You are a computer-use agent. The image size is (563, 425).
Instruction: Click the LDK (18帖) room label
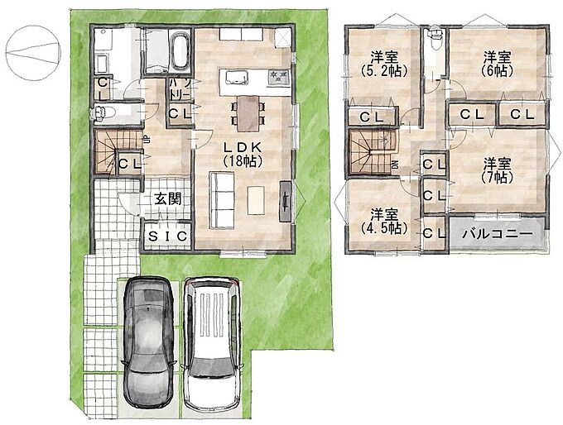243,154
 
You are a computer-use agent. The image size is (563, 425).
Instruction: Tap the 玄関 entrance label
167,198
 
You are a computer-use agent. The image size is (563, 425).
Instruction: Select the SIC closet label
168,236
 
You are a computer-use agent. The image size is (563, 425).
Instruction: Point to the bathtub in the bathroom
180,51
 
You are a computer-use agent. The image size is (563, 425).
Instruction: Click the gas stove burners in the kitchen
279,76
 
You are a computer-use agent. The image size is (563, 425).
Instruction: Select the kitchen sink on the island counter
237,77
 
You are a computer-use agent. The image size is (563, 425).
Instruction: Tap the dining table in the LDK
248,113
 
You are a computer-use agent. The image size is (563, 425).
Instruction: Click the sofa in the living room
222,199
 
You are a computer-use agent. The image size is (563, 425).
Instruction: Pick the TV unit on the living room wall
286,202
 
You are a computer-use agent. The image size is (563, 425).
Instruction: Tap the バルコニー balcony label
497,235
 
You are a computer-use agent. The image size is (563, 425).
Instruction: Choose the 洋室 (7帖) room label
497,170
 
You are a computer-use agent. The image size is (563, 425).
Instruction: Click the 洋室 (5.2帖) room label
384,64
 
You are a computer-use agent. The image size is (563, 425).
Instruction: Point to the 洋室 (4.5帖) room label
384,222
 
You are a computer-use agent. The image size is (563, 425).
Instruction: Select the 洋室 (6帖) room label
497,64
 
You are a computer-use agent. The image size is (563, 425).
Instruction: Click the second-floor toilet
435,38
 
